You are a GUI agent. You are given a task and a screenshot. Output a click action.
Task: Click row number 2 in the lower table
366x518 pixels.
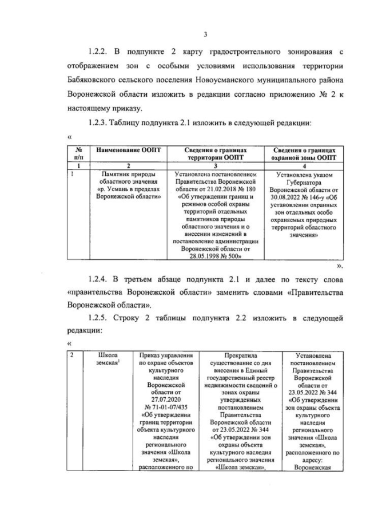point(71,355)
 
